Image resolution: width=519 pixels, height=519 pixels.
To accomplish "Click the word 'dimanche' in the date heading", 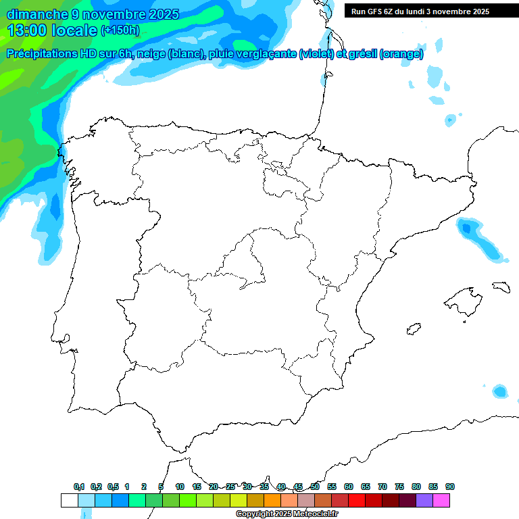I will [x=33, y=14].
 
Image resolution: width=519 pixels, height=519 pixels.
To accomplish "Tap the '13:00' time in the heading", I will [x=28, y=30].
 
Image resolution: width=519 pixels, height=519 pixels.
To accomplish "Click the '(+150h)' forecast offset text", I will [x=120, y=30].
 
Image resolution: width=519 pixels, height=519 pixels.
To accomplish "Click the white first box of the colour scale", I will [x=69, y=501].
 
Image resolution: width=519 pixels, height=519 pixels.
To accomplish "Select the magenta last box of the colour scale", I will [x=441, y=501].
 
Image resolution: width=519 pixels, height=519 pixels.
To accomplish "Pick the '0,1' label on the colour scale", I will [x=79, y=487].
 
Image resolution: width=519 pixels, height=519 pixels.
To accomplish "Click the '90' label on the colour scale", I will [x=450, y=487].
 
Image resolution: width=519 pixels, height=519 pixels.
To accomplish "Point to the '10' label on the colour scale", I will [x=180, y=487].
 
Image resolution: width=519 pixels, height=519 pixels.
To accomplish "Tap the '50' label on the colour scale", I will [x=315, y=487].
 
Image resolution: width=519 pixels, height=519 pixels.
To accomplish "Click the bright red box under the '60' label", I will [x=357, y=501].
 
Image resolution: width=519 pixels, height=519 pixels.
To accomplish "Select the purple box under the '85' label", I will [x=424, y=501].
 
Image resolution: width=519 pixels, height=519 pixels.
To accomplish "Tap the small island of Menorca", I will [x=500, y=287].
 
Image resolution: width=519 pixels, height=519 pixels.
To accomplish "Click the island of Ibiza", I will [x=414, y=330].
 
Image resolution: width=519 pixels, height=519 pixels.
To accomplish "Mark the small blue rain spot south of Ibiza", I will [x=499, y=391].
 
